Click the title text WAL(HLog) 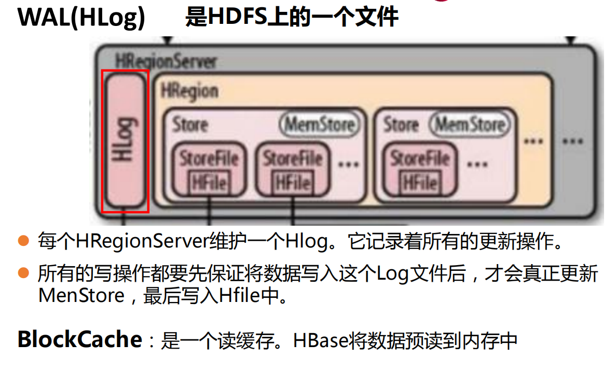point(81,18)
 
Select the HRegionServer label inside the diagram point(166,62)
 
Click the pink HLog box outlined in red point(125,141)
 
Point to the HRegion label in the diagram point(189,91)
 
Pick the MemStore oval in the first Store point(319,125)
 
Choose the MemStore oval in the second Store point(470,125)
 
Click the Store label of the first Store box point(190,125)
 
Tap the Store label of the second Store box point(401,125)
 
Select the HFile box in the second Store point(420,183)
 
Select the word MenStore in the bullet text point(81,296)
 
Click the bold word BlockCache point(79,339)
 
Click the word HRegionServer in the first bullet point(142,242)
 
